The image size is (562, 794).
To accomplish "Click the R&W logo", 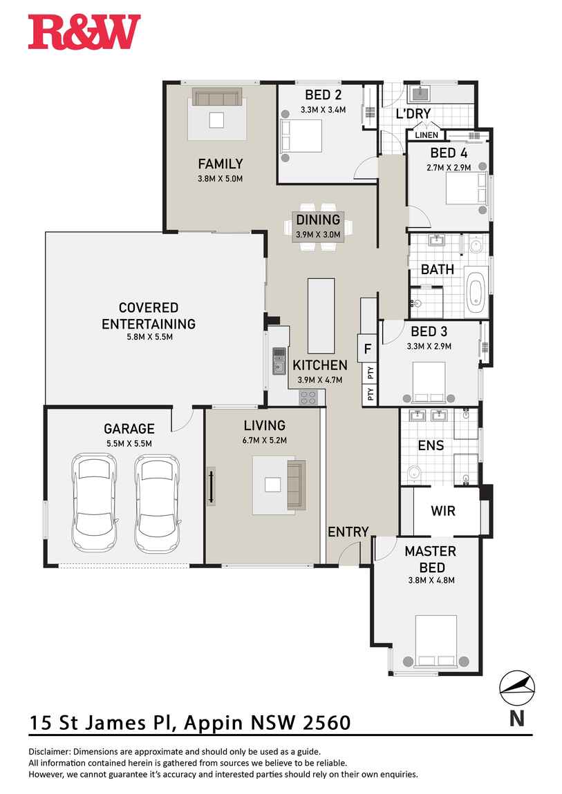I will (84, 32).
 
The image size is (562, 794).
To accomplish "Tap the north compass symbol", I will (517, 688).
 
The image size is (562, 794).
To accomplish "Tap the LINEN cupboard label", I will (427, 135).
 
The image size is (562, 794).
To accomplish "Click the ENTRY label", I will (348, 532).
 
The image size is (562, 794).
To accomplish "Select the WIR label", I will (442, 512).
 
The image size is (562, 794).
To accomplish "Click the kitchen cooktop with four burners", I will (308, 397).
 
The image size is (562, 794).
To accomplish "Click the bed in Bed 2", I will (301, 136).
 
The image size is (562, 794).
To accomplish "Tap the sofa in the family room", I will (217, 97).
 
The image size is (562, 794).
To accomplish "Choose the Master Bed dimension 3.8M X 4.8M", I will (430, 580).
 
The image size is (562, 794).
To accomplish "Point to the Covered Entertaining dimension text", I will (148, 337).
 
